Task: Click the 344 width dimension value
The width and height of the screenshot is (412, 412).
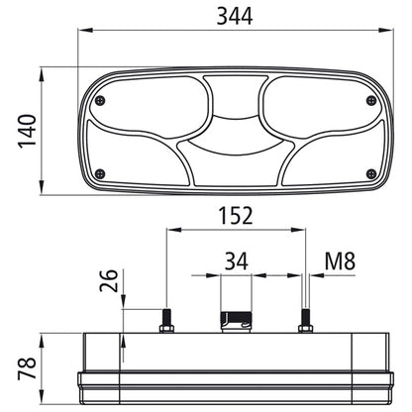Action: tap(235, 16)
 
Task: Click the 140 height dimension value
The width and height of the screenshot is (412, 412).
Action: tap(27, 131)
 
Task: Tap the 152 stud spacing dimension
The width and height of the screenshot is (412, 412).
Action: tap(236, 216)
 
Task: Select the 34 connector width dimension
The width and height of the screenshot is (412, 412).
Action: tap(237, 261)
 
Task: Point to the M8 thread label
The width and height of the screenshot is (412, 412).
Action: tap(340, 260)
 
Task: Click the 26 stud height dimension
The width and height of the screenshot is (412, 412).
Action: tap(109, 280)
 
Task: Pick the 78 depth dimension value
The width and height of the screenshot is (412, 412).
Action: tap(27, 368)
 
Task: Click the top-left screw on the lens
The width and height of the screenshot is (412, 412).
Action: tap(100, 100)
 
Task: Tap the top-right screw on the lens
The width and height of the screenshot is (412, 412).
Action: tap(371, 100)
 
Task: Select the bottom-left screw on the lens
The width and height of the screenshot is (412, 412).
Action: tap(100, 173)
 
